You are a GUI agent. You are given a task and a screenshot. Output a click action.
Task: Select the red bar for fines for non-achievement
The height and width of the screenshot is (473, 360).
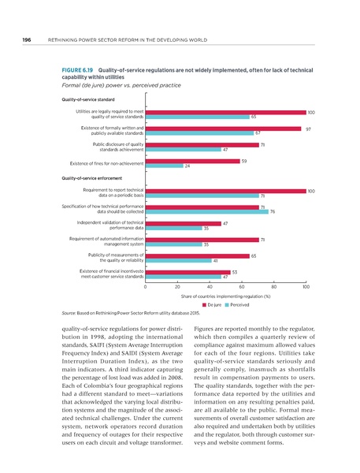point(192,161)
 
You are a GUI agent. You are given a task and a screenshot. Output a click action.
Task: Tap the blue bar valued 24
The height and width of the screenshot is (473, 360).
point(164,166)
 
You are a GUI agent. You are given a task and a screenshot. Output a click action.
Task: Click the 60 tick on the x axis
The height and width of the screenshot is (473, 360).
point(241,288)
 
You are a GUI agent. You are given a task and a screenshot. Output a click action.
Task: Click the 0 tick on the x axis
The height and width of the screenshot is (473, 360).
point(146,288)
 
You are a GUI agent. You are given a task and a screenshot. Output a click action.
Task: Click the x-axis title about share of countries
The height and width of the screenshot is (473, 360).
point(225,296)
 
